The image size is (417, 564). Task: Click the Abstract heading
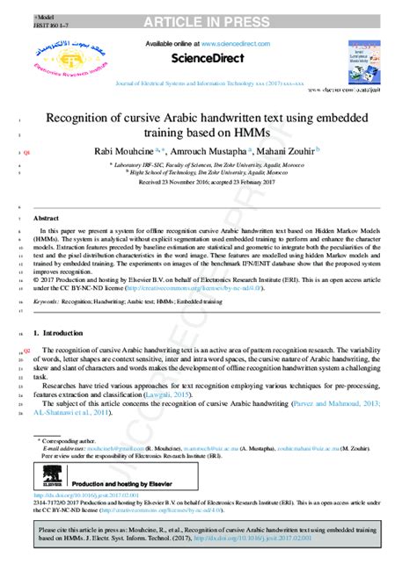(46, 216)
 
